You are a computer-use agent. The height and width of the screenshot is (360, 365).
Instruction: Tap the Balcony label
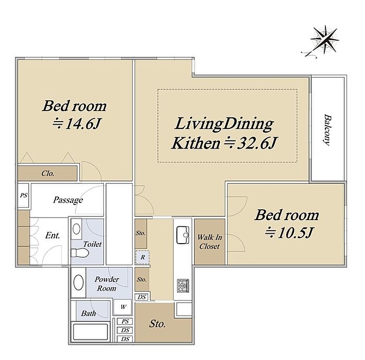[x=327, y=130]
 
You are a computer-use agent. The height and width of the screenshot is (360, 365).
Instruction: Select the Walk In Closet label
[x=210, y=242]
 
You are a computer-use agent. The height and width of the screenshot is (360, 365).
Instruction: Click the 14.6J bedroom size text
[x=77, y=124]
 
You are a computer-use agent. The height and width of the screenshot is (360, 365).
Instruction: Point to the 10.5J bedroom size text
[x=289, y=233]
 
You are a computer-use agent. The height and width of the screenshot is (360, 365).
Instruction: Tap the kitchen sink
[x=182, y=235]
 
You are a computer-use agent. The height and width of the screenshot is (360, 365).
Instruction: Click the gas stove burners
[x=183, y=286]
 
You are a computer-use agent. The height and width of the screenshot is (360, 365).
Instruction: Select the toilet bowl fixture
[x=80, y=253]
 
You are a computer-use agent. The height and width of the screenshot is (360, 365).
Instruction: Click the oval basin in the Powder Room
[x=78, y=282]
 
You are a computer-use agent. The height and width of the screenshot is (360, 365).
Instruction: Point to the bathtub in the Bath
[x=90, y=332]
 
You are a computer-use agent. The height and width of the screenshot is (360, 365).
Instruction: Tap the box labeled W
[x=123, y=307]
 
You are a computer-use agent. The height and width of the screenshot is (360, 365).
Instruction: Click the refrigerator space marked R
[x=142, y=257]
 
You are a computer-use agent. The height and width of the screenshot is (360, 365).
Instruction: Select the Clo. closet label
[x=48, y=173]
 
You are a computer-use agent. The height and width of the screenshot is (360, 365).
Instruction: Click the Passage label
[x=68, y=200]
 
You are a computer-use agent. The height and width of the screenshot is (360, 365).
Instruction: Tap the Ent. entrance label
[x=53, y=235]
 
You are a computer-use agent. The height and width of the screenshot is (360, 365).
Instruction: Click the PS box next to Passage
[x=23, y=195]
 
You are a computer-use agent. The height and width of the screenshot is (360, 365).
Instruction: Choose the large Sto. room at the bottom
[x=157, y=323]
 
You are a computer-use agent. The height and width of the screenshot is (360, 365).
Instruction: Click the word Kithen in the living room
[x=196, y=143]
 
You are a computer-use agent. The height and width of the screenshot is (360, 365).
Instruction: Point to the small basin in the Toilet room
[x=77, y=230]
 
